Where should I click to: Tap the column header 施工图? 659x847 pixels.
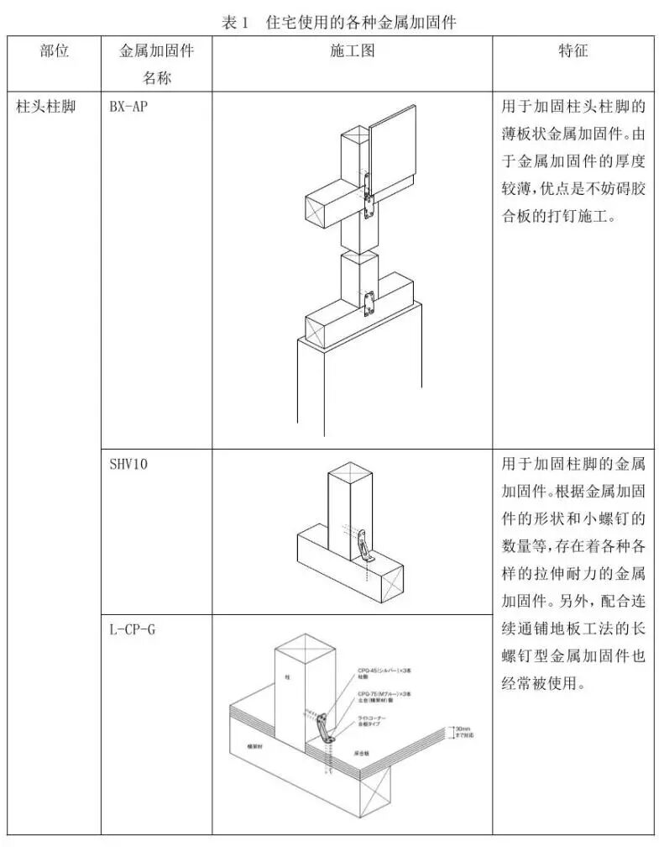click(352, 51)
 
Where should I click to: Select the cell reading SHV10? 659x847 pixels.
click(128, 464)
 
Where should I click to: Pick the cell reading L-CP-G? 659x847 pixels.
click(132, 629)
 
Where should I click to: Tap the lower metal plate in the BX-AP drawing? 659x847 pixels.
click(369, 302)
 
